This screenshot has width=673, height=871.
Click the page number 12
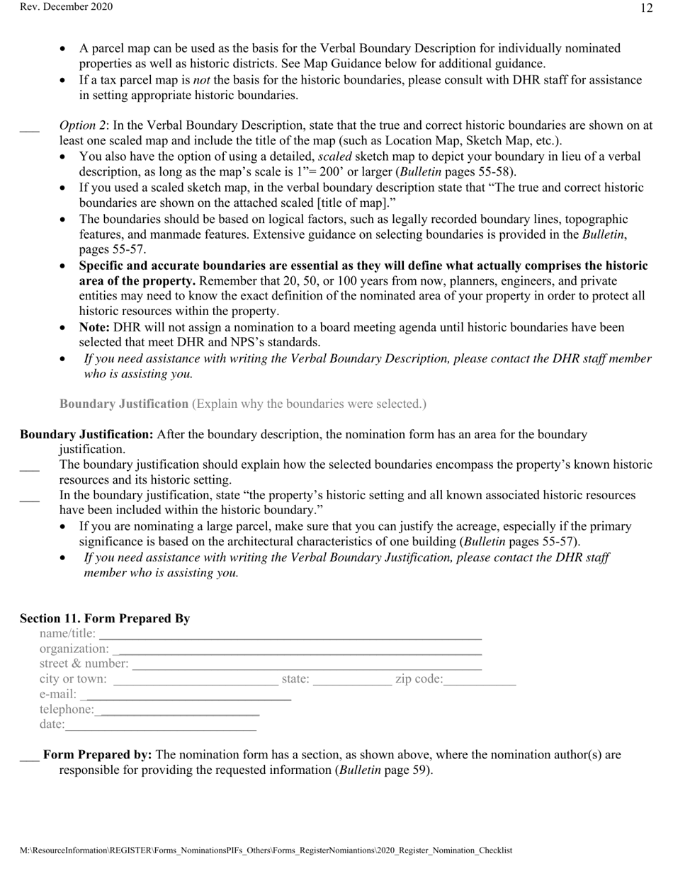(x=646, y=8)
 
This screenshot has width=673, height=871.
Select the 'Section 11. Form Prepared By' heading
(x=105, y=618)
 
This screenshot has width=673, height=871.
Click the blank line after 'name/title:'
(x=290, y=635)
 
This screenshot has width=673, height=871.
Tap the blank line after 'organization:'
(x=298, y=650)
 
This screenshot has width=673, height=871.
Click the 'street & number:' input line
(x=307, y=666)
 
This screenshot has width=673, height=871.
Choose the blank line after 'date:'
(x=161, y=727)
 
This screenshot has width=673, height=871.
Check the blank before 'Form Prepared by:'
(x=29, y=756)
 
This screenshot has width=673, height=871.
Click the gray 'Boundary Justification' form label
(x=124, y=404)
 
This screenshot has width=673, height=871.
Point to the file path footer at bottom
(x=266, y=850)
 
